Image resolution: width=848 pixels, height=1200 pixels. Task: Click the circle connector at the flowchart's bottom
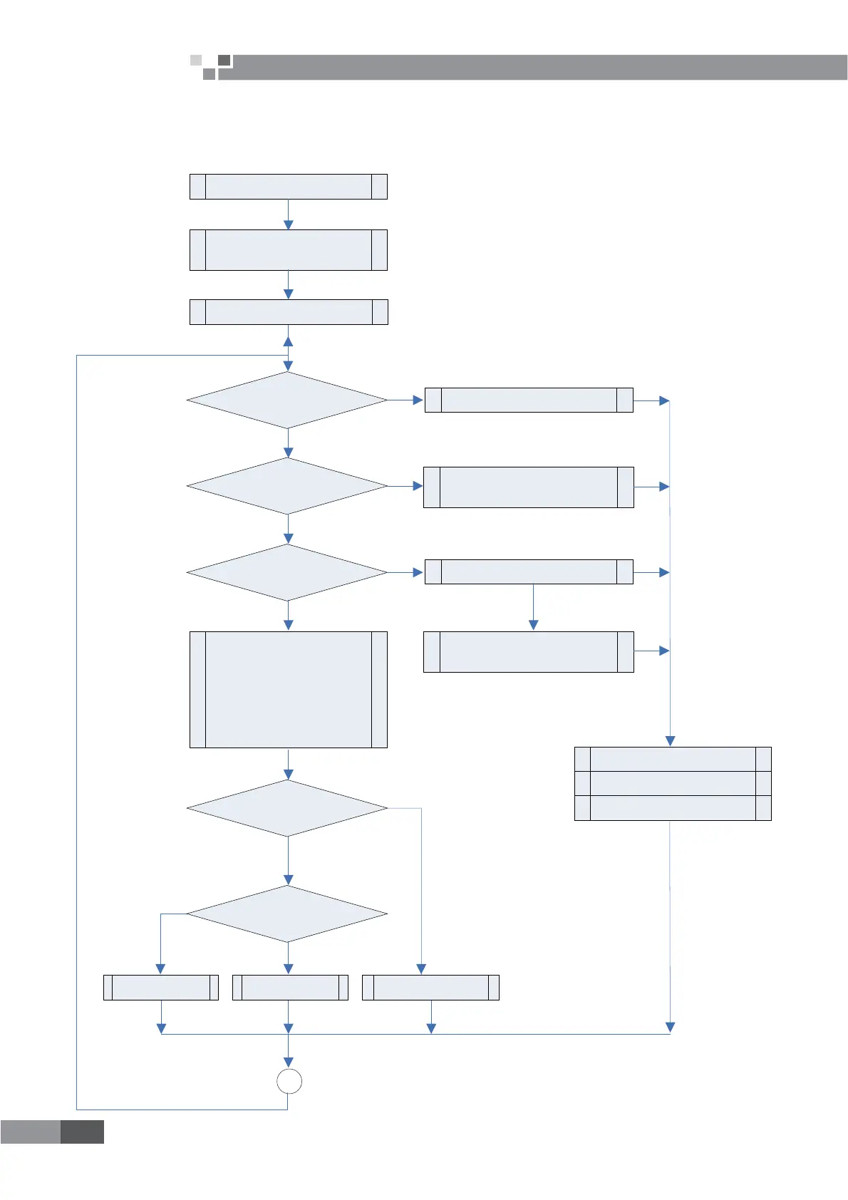[x=289, y=1081]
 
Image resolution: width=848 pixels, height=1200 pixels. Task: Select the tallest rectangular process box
[x=289, y=689]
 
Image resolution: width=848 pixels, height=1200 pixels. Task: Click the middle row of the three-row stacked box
[x=673, y=783]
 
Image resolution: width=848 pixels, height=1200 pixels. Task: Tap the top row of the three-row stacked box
[x=673, y=759]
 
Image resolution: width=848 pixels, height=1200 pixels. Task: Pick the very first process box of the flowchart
[x=289, y=186]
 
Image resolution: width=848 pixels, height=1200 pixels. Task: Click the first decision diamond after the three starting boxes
[x=287, y=400]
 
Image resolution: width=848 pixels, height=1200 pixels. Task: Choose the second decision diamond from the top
[x=287, y=486]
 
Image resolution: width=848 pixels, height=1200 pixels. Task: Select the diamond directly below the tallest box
[x=287, y=808]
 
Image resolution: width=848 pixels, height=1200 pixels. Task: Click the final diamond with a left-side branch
[x=287, y=914]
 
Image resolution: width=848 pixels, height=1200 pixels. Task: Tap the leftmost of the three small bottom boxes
[x=161, y=987]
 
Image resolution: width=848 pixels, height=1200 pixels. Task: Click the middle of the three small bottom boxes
[x=290, y=987]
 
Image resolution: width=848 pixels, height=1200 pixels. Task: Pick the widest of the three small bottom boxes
[x=430, y=987]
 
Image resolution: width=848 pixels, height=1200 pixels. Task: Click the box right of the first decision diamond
[x=529, y=400]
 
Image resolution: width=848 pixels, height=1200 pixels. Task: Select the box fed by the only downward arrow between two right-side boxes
[x=529, y=651]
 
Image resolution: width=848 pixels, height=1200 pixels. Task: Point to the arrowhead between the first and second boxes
[x=289, y=224]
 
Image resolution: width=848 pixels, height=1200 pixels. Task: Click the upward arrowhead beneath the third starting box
[x=288, y=341]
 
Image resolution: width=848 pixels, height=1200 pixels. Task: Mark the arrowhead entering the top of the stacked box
[x=670, y=741]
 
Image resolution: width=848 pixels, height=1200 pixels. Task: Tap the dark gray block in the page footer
[x=82, y=1132]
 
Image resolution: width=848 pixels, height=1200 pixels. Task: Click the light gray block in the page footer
[x=30, y=1132]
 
